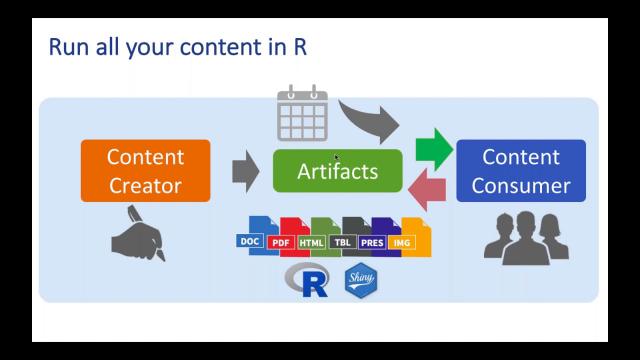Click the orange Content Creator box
[146, 171]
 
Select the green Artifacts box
[337, 171]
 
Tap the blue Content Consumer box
[520, 171]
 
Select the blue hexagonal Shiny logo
[360, 281]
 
